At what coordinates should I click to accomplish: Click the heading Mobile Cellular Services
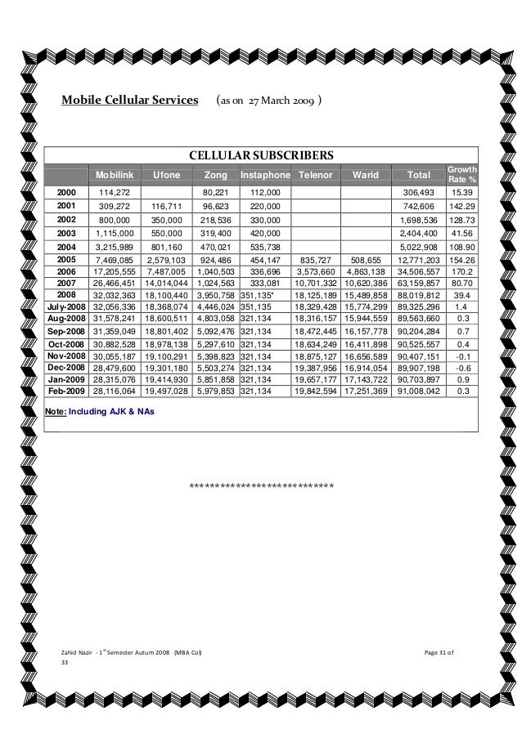(130, 101)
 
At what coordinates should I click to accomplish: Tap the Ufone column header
(166, 175)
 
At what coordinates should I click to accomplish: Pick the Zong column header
(214, 175)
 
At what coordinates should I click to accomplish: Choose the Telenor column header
(317, 175)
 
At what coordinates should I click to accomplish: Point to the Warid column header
(366, 175)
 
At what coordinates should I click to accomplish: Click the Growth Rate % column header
(461, 174)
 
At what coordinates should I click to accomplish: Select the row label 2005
(66, 258)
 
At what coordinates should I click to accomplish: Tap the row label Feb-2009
(66, 391)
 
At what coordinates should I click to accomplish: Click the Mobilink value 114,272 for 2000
(115, 191)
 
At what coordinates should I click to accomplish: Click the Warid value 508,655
(367, 258)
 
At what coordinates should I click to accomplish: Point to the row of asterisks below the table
(261, 489)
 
